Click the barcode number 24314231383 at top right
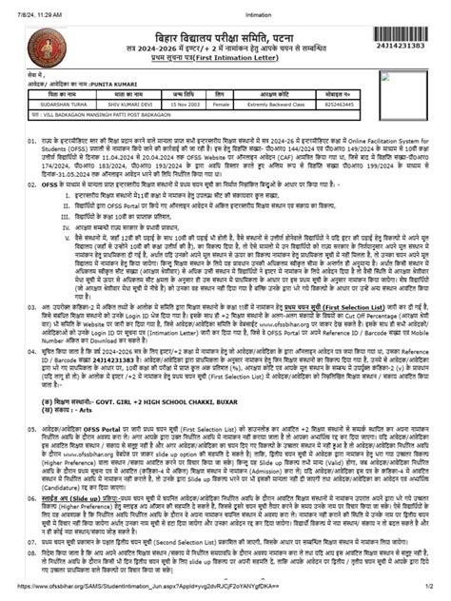(x=406, y=46)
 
